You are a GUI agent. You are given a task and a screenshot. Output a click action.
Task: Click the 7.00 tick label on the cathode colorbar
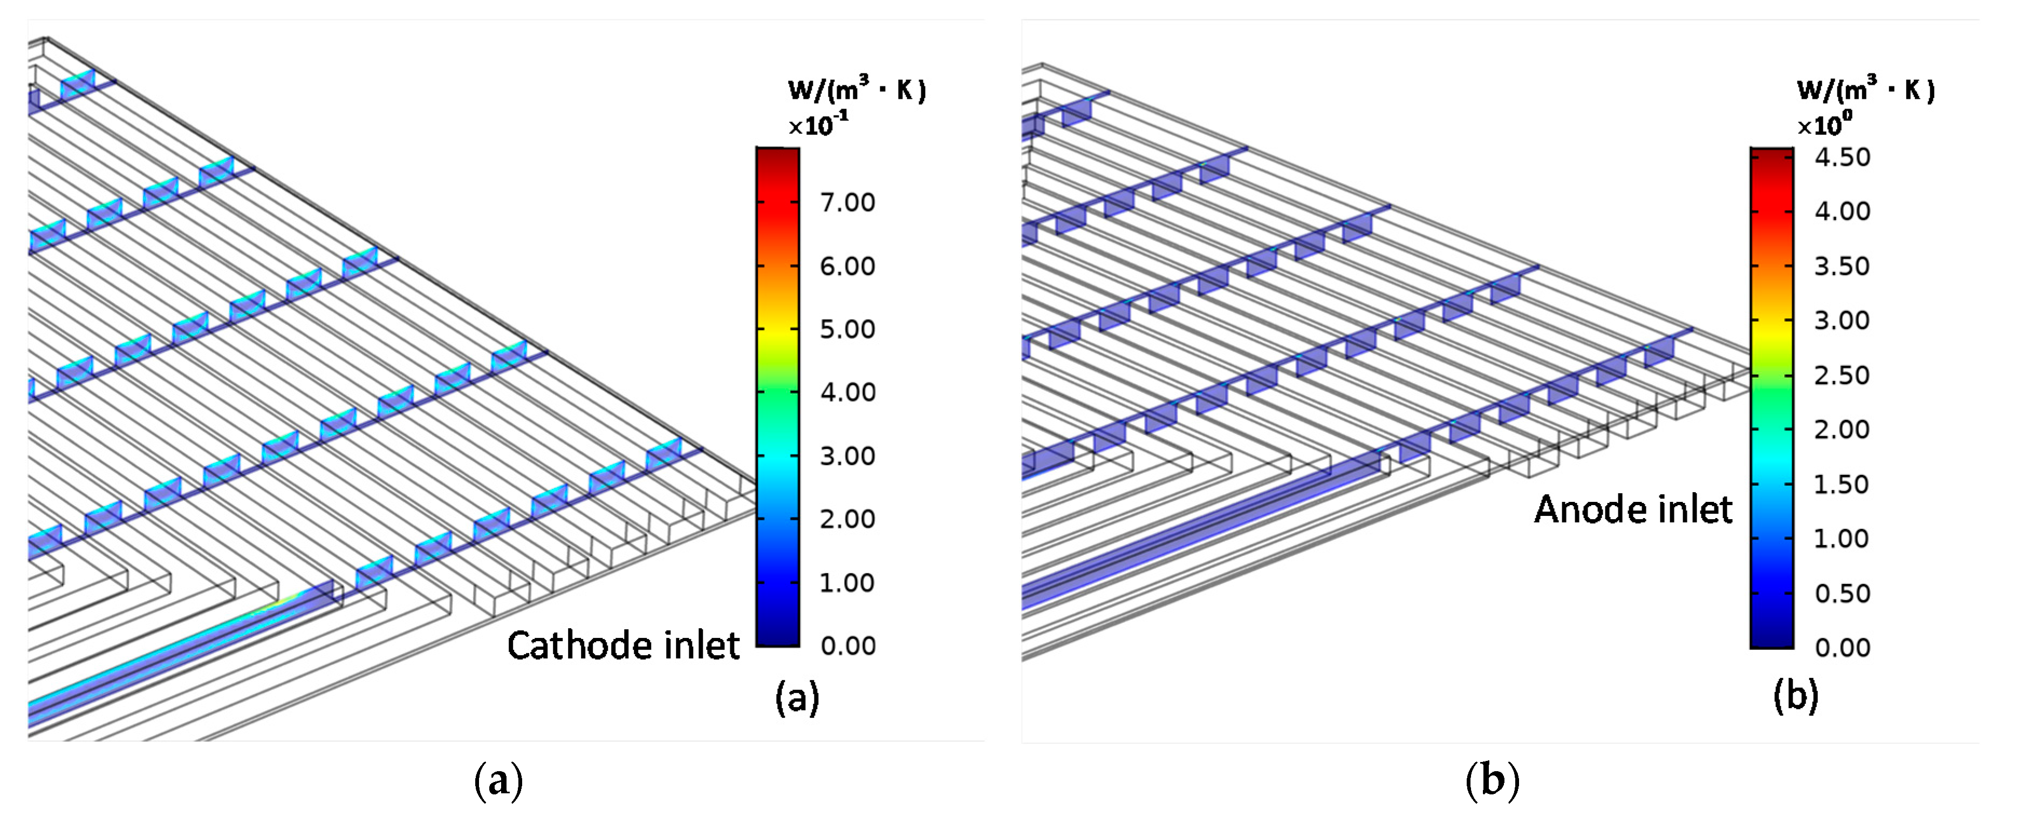(847, 202)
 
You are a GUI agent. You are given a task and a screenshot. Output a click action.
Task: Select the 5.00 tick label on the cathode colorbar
(847, 329)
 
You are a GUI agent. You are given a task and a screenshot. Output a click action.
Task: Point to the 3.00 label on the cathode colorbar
(847, 456)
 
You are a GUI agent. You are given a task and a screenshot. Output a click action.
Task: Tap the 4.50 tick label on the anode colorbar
(1842, 158)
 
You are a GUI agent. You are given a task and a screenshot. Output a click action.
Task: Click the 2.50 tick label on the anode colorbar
(1842, 376)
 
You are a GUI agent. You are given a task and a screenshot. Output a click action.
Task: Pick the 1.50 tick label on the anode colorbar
(1842, 485)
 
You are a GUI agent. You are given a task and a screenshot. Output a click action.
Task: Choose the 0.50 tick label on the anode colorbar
(1842, 593)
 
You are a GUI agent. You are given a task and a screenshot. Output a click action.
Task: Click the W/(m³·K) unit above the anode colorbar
(1865, 90)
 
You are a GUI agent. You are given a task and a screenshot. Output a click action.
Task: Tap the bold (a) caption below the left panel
(498, 781)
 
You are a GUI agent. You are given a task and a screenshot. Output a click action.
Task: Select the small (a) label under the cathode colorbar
(797, 697)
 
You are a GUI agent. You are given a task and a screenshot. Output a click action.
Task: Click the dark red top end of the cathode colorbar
(777, 152)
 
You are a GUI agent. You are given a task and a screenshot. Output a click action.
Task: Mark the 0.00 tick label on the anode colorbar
(1842, 648)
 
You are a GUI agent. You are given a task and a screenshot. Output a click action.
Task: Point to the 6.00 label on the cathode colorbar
(847, 267)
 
